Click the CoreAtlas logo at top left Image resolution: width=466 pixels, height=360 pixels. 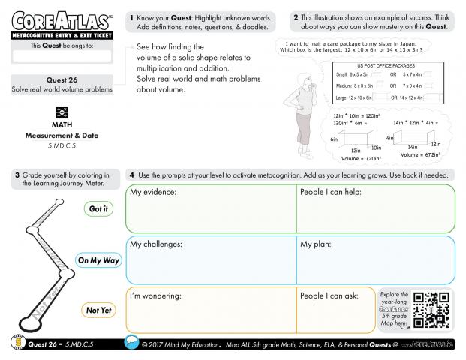(58, 21)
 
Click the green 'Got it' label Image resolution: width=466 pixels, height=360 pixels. (98, 209)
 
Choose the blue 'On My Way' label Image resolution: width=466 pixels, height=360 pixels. (98, 260)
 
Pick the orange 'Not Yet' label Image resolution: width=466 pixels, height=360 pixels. (98, 309)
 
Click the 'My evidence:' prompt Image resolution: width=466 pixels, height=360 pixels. (153, 193)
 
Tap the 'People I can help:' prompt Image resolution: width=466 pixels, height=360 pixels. (332, 193)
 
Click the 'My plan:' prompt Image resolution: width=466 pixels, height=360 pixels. (317, 244)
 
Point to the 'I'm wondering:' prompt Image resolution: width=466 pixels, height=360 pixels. (156, 295)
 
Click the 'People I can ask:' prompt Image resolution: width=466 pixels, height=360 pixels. (329, 295)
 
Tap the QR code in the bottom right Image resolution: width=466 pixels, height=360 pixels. (432, 310)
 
